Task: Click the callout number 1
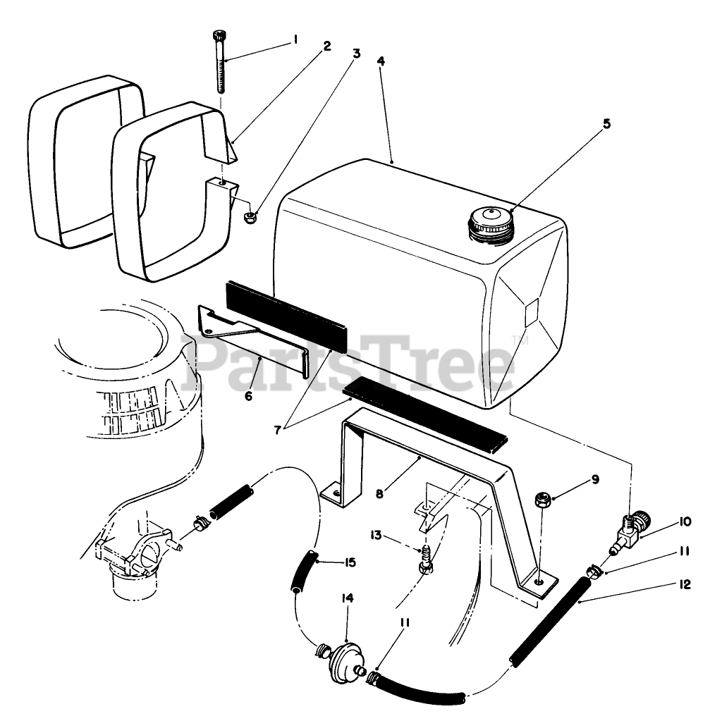coord(295,40)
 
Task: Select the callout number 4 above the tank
coord(381,61)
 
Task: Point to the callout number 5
coord(606,123)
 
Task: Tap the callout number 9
coord(595,480)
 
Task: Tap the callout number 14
coord(347,598)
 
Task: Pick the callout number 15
coord(349,562)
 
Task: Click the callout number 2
coord(326,47)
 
